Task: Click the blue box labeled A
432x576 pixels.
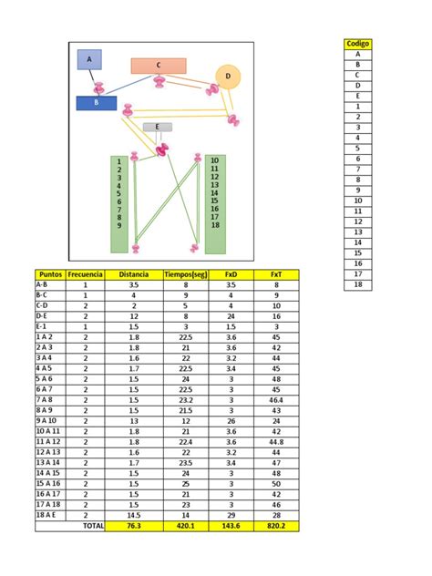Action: [89, 60]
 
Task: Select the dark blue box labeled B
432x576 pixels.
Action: [96, 103]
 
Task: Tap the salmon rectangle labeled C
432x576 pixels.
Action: [158, 66]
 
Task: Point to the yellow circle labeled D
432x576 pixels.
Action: [228, 76]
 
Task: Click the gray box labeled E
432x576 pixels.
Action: [157, 127]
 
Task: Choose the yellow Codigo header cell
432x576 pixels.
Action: [358, 44]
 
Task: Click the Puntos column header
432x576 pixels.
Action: [50, 273]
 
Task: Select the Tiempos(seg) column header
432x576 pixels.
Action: [185, 273]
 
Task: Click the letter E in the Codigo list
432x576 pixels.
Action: [358, 96]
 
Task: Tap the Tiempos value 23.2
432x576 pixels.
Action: [185, 399]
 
